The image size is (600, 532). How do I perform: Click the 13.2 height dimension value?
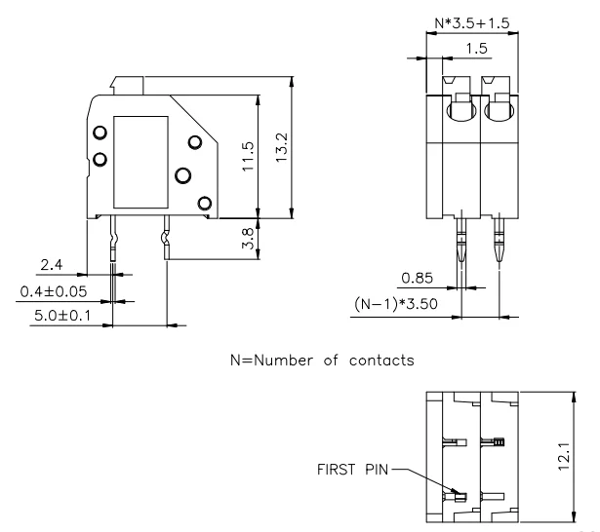tap(282, 148)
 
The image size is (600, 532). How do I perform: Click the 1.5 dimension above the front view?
tap(476, 48)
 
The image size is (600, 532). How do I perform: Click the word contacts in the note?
tap(381, 360)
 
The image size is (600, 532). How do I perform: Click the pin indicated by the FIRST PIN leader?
tap(458, 496)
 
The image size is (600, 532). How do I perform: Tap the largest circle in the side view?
tap(182, 176)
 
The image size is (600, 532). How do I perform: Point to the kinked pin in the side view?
tap(166, 240)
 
